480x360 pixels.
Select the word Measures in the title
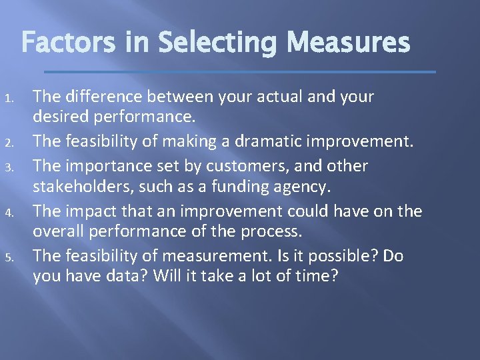343,43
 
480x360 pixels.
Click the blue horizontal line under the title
239,71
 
